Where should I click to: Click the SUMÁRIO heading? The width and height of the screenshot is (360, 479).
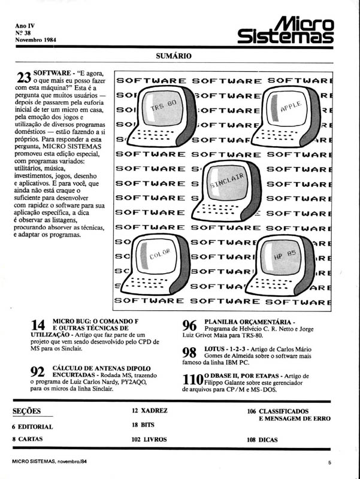coord(173,56)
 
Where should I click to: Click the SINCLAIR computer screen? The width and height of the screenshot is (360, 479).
coord(226,181)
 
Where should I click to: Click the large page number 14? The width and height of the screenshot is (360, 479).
coord(38,326)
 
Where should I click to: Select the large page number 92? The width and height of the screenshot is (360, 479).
coord(38,372)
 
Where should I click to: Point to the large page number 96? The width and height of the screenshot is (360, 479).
coord(189,326)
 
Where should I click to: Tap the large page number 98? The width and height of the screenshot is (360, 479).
coord(189,353)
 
